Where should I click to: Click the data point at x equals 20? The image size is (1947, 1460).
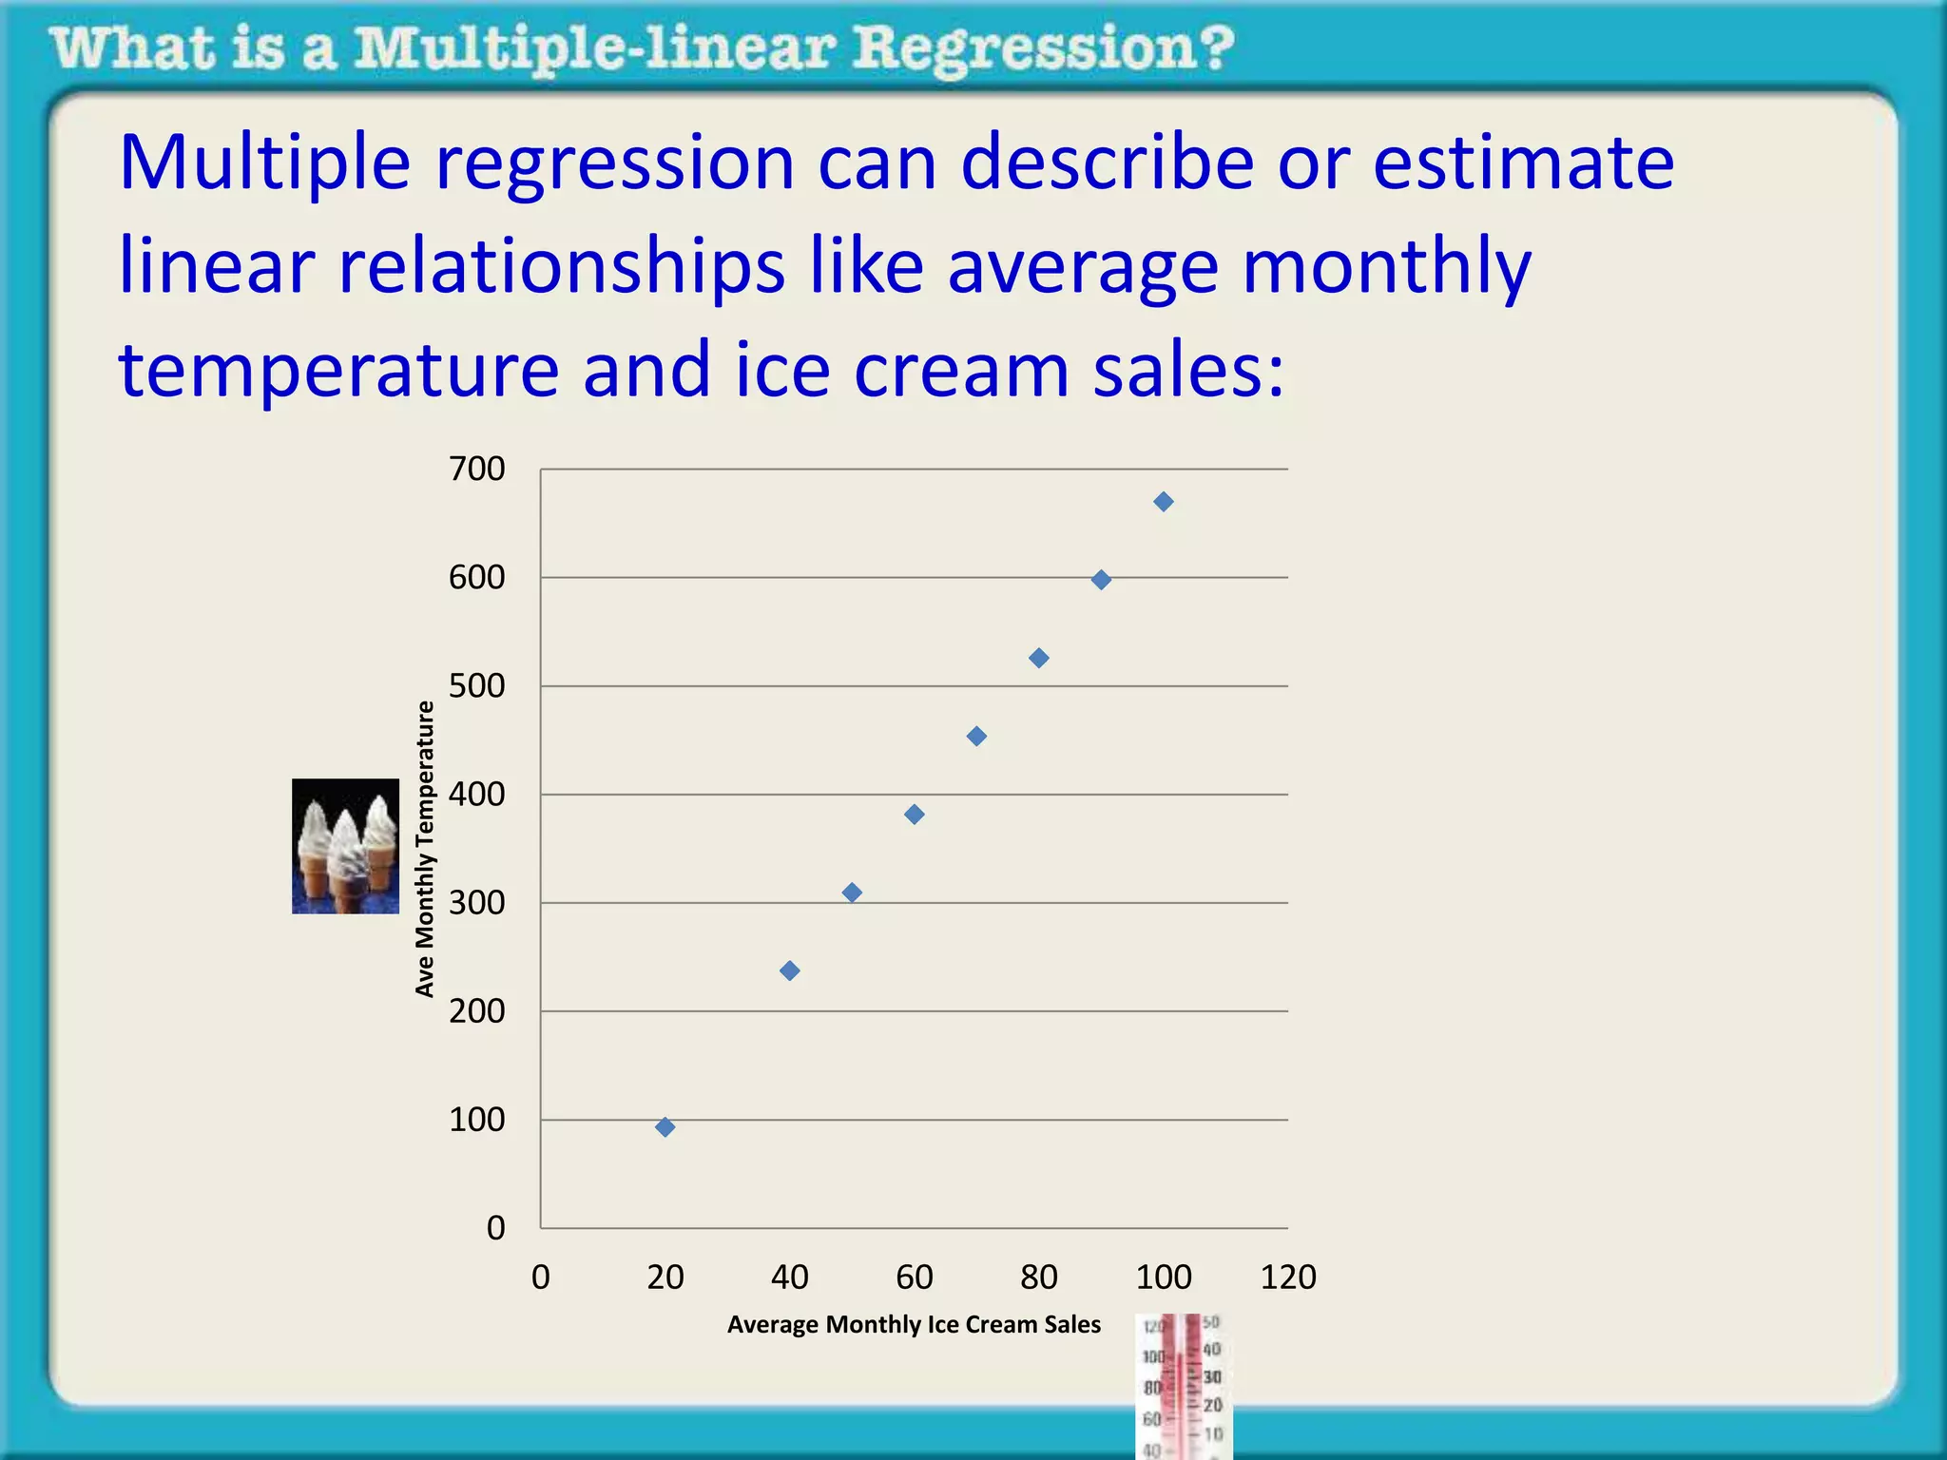click(x=665, y=1127)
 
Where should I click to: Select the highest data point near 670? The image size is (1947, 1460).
click(x=1164, y=502)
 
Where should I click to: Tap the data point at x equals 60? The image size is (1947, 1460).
click(x=915, y=815)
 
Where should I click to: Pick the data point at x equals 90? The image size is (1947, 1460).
click(x=1101, y=580)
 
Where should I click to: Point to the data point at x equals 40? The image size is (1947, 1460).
click(x=790, y=970)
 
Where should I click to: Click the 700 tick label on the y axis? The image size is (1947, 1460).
click(x=476, y=469)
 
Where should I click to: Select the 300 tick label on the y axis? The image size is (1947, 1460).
click(x=476, y=902)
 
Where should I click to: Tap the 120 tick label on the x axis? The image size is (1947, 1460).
click(x=1288, y=1277)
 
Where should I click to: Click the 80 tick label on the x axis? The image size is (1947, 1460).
click(x=1039, y=1277)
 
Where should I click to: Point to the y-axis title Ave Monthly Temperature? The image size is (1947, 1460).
click(x=425, y=848)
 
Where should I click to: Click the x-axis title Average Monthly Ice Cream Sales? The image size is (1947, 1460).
click(x=914, y=1324)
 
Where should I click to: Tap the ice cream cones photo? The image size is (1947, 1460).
click(x=345, y=846)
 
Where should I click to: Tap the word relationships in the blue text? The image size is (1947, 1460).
click(x=561, y=267)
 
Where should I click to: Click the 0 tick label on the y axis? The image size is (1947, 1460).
click(x=495, y=1228)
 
